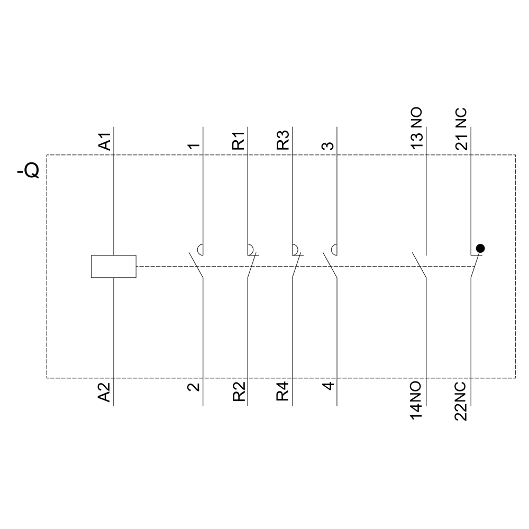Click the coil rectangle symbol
114,267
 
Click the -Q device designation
29,171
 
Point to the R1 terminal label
239,141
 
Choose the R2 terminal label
239,392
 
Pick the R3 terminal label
283,140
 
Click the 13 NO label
417,127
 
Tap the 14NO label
417,401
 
